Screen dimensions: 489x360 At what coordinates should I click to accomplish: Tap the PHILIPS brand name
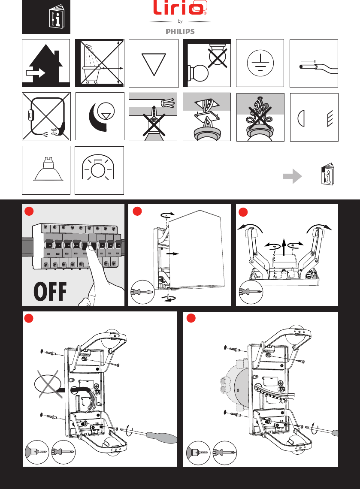coord(180,31)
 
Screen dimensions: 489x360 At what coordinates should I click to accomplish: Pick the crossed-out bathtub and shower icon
coord(100,63)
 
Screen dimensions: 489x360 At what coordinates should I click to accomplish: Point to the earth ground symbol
coord(260,63)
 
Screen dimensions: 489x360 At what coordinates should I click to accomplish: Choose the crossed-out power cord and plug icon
coord(45,116)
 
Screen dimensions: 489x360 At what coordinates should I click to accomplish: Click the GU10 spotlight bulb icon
coord(46,170)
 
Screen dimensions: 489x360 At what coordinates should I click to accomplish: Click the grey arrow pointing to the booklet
coord(292,176)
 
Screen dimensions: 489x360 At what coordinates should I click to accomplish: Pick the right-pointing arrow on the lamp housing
coord(173,254)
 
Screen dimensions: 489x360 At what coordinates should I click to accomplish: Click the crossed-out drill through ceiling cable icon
coord(153,116)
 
